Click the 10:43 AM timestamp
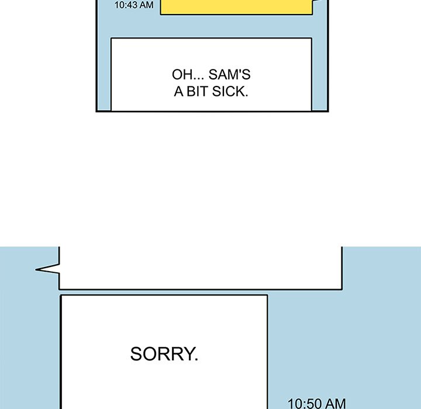tap(134, 5)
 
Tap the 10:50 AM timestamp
tap(317, 403)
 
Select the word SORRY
tap(164, 353)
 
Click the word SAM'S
tap(230, 74)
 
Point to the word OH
tap(181, 75)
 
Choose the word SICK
tap(229, 92)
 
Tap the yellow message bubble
tap(236, 6)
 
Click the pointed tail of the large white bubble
tap(36, 269)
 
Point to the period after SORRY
tap(196, 359)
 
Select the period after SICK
tap(246, 96)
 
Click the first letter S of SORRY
tap(136, 353)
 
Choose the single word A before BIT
tap(178, 92)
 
